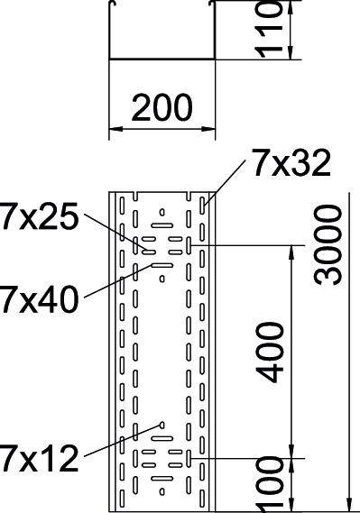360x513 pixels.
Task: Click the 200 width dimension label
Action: [162, 107]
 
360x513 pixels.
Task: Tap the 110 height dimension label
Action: [272, 30]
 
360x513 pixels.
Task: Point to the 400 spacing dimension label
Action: [271, 351]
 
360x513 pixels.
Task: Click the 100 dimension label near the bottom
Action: [271, 488]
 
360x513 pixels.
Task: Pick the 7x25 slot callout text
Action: [38, 218]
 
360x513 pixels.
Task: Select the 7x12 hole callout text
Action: [38, 460]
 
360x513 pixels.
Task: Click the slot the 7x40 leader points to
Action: [162, 266]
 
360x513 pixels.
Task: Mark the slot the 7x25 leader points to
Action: [145, 244]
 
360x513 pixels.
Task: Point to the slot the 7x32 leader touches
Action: [205, 206]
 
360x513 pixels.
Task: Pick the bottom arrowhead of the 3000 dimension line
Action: [348, 505]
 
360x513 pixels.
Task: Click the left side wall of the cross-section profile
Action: [110, 32]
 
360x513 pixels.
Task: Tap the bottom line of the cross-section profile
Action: [162, 60]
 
